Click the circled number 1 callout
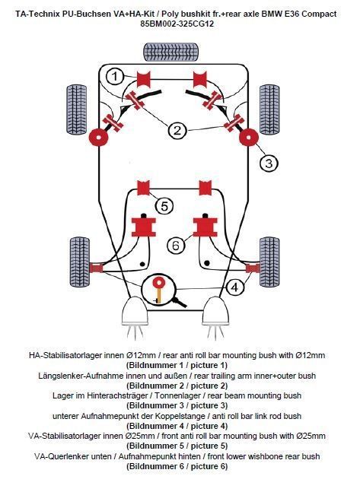tap(114, 76)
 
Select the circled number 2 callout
tap(177, 130)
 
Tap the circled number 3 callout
tap(269, 163)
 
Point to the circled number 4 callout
tap(235, 287)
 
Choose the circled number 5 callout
tap(164, 207)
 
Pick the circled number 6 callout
tap(176, 246)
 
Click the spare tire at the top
tap(171, 52)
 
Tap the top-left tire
tap(77, 110)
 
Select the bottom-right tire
tap(269, 262)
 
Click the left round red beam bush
tap(98, 138)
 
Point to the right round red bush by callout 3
tap(249, 138)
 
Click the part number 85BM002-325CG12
tap(177, 24)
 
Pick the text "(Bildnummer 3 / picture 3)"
tap(177, 405)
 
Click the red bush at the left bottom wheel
tap(96, 268)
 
